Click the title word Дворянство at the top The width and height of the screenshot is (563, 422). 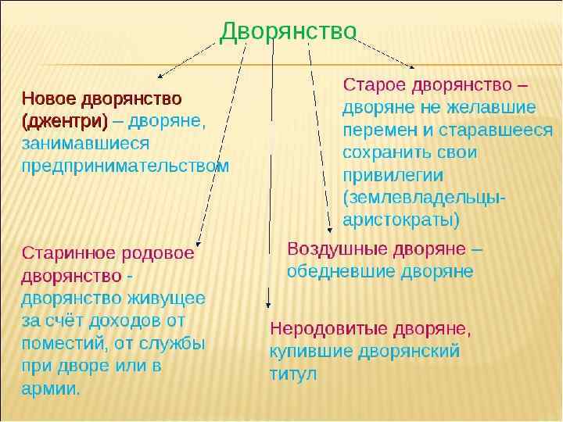pos(289,31)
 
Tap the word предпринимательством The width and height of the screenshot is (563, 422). pos(125,166)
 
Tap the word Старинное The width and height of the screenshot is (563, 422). pos(65,252)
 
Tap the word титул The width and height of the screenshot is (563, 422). pos(293,374)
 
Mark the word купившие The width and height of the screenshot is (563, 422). pos(310,351)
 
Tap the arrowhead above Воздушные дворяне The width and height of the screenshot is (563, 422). pos(330,227)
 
